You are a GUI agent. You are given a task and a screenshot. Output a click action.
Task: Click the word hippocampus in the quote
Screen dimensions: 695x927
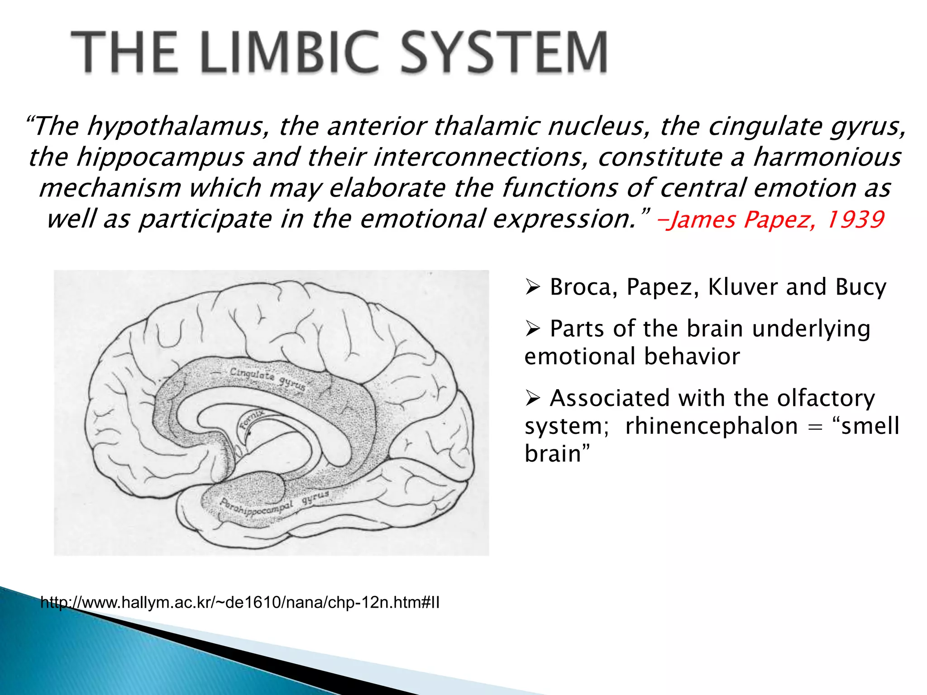(160, 157)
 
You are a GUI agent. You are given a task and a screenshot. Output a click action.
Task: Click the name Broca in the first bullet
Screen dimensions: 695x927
(584, 287)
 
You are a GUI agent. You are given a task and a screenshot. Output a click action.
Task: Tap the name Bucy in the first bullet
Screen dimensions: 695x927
(860, 287)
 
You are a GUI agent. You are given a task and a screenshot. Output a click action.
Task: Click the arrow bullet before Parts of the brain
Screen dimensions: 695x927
(533, 328)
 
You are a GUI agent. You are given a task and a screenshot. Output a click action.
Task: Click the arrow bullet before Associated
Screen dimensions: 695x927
(533, 398)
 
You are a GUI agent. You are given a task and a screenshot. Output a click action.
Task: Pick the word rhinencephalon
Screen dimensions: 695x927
(711, 426)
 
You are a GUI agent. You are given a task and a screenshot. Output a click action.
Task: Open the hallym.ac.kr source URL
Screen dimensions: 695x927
(240, 603)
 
